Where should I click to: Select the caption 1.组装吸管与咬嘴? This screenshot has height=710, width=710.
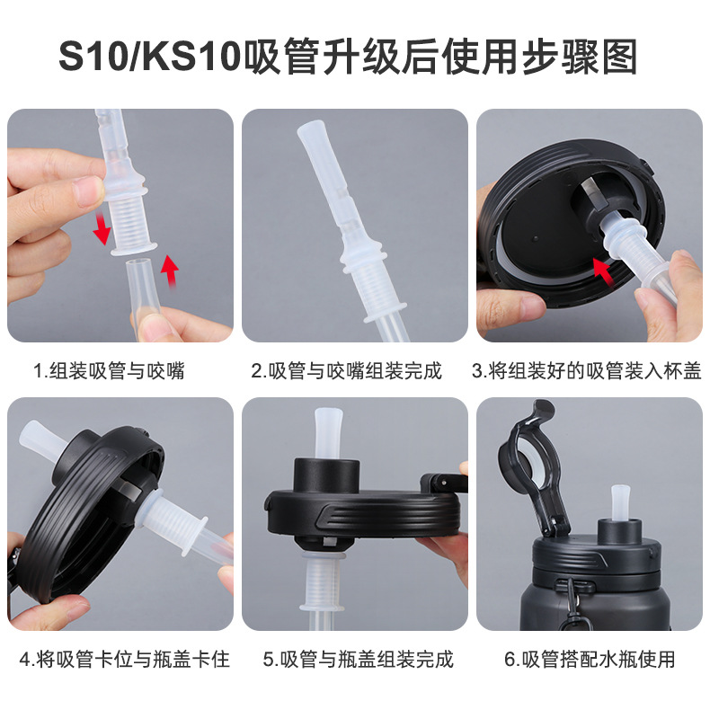109,370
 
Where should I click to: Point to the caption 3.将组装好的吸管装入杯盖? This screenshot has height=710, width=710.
586,370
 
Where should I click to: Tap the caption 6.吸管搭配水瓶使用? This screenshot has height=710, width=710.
589,659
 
